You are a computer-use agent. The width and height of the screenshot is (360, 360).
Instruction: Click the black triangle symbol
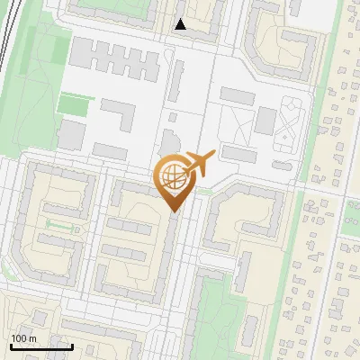pyautogui.click(x=181, y=25)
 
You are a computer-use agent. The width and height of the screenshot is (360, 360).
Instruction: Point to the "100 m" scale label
pyautogui.click(x=23, y=338)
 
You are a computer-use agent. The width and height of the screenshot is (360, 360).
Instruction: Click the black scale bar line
pyautogui.click(x=41, y=346)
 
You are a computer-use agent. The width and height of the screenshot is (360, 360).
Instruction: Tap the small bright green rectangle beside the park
pyautogui.click(x=74, y=103)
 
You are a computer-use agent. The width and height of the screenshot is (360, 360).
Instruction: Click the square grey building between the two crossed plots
pyautogui.click(x=265, y=119)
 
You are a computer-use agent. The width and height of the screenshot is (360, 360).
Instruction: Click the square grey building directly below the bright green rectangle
pyautogui.click(x=72, y=134)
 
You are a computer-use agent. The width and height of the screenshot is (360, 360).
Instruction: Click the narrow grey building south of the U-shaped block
pyautogui.click(x=241, y=270)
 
